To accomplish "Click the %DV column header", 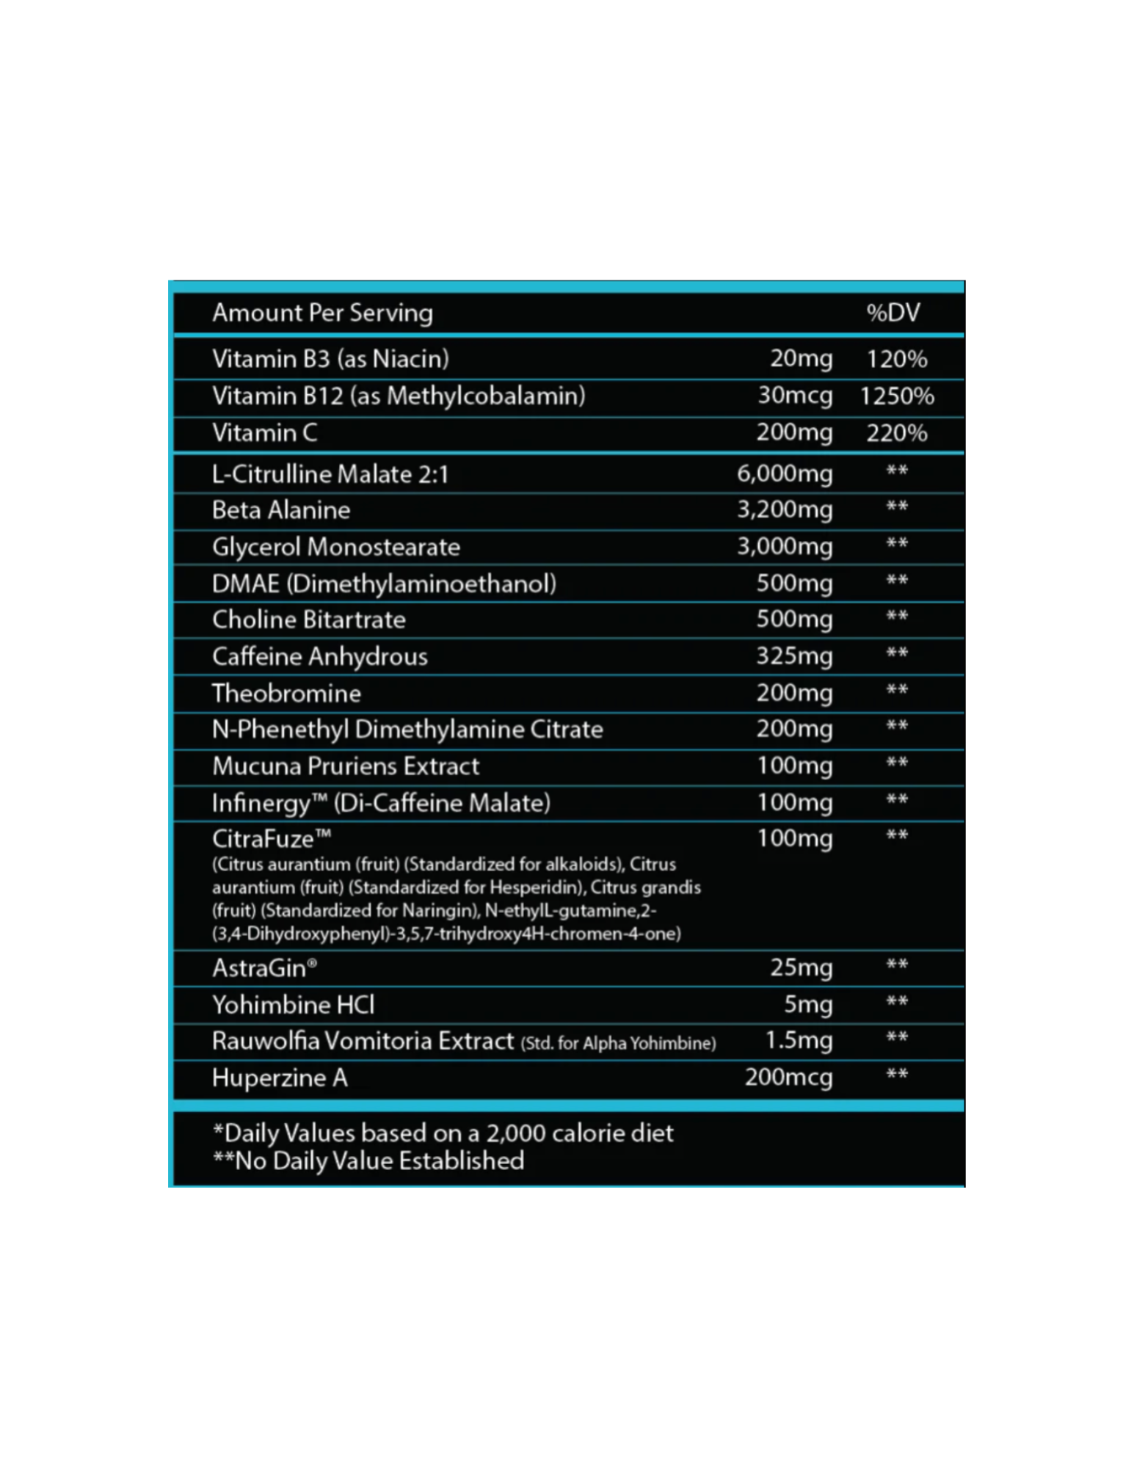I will pos(893,313).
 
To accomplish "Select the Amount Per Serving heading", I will pos(322,313).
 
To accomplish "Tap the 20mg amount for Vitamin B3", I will pos(801,358).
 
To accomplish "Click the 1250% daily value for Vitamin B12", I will pos(896,396).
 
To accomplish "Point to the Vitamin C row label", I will pos(264,433).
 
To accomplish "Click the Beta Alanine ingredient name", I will pos(280,510).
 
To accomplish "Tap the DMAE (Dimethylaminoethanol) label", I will pos(383,584).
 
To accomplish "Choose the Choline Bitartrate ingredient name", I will pos(308,619).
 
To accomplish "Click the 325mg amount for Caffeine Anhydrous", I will pos(794,655).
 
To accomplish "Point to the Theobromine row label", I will pos(286,693).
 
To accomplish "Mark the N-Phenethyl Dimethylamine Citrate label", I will pos(407,730).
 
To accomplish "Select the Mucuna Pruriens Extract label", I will pos(345,766).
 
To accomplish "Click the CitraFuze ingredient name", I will pos(271,838).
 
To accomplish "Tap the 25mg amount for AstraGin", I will pos(801,967).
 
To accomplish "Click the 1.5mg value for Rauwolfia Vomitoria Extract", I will pos(799,1040).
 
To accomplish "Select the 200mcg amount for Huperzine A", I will pos(788,1078).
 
